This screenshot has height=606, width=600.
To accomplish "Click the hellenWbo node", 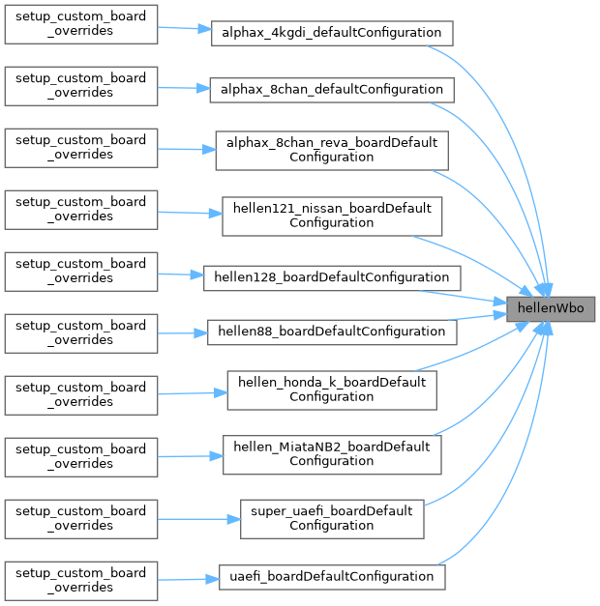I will click(x=551, y=309).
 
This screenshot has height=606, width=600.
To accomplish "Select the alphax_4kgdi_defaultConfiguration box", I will click(x=332, y=33).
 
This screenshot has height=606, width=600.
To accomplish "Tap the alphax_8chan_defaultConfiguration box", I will click(x=332, y=90).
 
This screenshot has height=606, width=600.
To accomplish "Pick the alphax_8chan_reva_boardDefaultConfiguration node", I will click(x=332, y=150).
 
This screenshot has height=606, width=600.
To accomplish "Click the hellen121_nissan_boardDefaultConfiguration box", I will click(x=332, y=216).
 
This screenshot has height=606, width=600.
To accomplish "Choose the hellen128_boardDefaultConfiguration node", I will click(x=332, y=277).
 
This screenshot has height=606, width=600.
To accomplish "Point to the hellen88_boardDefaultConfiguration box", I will click(x=332, y=332).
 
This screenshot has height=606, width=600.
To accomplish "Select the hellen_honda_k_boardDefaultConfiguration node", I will click(x=332, y=389).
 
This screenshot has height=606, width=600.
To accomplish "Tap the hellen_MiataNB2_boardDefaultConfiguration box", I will click(x=332, y=453).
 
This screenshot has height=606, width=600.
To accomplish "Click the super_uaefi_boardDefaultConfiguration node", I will click(x=332, y=518).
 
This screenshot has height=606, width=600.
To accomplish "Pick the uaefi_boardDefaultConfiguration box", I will click(x=332, y=577).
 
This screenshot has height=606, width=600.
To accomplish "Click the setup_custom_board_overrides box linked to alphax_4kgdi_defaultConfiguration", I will click(x=81, y=23).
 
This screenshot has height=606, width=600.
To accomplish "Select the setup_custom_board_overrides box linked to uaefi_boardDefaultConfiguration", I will click(x=81, y=580).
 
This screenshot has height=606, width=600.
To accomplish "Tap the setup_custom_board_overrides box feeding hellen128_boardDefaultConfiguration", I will click(x=81, y=271).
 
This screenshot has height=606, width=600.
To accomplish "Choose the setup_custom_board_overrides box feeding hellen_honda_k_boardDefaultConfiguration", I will click(x=81, y=394).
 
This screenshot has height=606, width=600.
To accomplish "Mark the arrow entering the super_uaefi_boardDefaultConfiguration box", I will click(x=198, y=519).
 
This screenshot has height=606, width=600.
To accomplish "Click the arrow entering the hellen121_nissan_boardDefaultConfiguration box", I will click(x=190, y=212).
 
